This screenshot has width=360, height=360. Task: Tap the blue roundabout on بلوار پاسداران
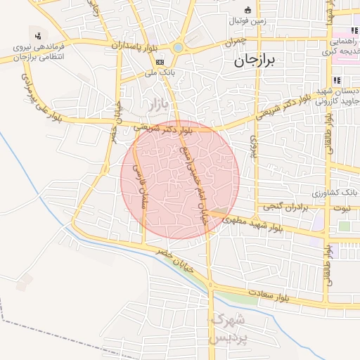pos(179,48)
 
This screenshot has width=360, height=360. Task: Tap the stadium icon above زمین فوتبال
pos(247,10)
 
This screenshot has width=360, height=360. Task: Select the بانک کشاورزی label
pos(336,193)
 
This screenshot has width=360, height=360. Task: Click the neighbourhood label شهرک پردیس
pos(229,329)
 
